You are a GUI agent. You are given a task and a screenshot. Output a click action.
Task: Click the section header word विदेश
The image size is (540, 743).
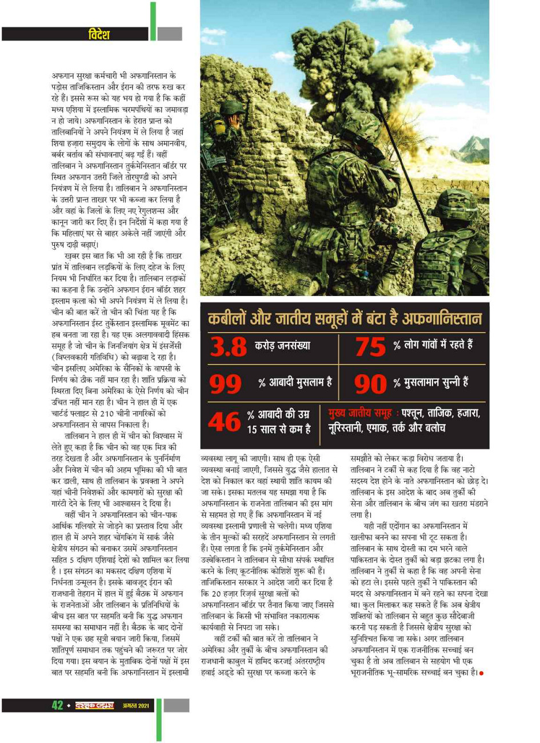pos(98,34)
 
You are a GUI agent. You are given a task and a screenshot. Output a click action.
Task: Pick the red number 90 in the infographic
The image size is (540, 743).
pos(371,384)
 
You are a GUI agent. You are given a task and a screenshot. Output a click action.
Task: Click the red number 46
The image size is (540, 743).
pos(224,422)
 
